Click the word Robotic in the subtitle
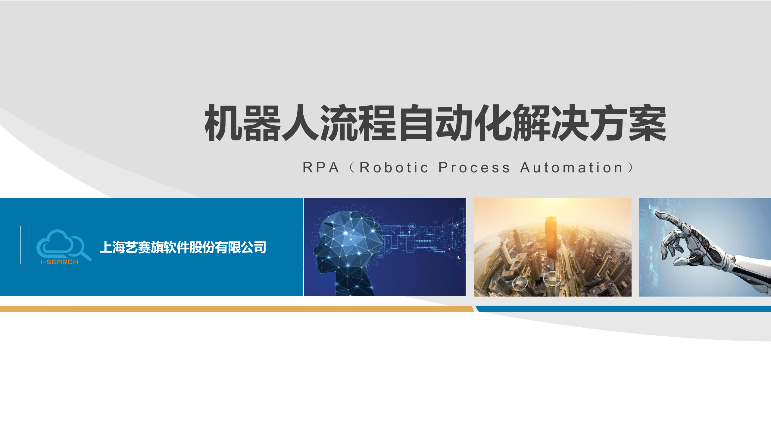click(x=394, y=168)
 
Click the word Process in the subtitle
click(x=474, y=168)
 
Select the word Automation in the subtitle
click(x=571, y=168)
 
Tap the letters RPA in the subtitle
click(x=321, y=168)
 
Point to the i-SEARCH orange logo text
click(x=59, y=262)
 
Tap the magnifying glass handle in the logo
click(x=86, y=256)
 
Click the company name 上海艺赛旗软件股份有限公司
click(x=183, y=247)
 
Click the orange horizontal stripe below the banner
click(x=235, y=309)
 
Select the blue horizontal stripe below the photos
click(x=623, y=309)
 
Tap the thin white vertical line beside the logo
click(x=21, y=245)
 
